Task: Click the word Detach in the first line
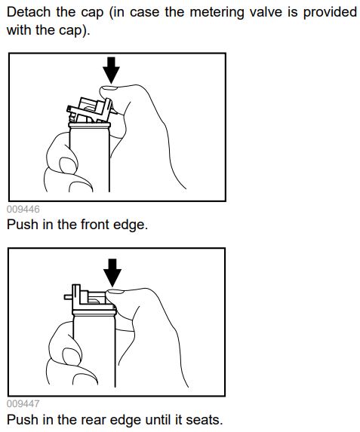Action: click(29, 12)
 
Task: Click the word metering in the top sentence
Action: click(217, 13)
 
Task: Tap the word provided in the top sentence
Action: click(330, 13)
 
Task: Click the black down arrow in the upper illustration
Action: click(111, 70)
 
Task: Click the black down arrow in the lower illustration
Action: click(112, 272)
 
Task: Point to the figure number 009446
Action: click(23, 209)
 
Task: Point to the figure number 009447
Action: click(23, 404)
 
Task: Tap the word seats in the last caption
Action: click(204, 420)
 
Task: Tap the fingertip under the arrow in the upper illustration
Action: click(109, 89)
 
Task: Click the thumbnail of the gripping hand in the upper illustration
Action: click(66, 164)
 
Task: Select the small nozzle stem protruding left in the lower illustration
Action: click(68, 297)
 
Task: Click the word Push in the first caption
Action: click(23, 224)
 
